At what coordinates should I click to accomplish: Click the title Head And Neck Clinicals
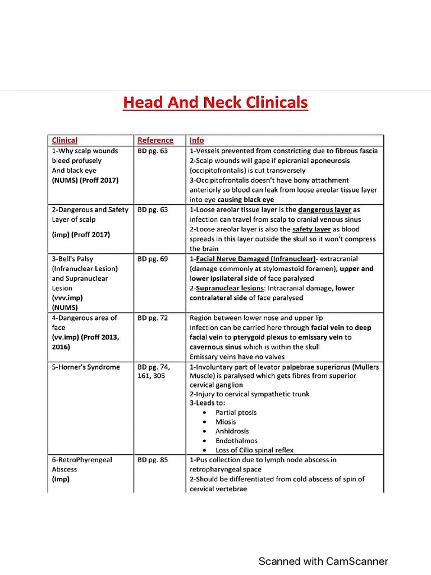click(x=215, y=103)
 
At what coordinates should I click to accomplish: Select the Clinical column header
click(x=65, y=140)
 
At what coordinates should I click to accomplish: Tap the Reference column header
click(x=155, y=140)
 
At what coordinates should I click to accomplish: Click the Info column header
click(x=196, y=140)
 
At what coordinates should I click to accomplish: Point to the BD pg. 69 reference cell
click(x=153, y=259)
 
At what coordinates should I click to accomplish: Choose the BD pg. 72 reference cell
click(x=153, y=318)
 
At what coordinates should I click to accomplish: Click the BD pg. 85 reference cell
click(x=153, y=459)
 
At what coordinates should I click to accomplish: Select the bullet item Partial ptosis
click(x=236, y=412)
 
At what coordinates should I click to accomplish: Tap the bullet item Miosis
click(x=226, y=422)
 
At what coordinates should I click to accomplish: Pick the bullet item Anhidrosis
click(x=232, y=431)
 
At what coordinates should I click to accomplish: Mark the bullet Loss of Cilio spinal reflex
click(x=254, y=450)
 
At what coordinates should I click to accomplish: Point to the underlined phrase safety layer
click(x=314, y=229)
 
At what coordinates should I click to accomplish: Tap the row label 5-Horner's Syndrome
click(x=86, y=367)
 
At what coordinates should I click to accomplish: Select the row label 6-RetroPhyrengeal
click(x=82, y=459)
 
